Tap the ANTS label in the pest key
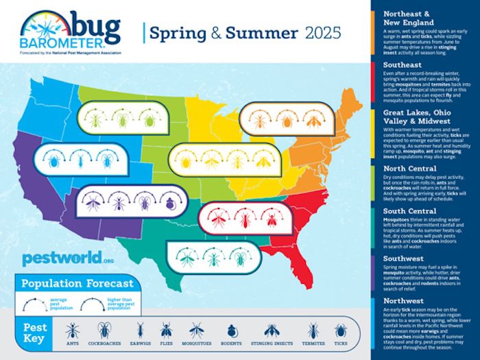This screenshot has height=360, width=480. point(72,344)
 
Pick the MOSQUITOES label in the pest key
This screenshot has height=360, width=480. point(196,344)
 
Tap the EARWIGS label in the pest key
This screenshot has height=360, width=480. point(141,344)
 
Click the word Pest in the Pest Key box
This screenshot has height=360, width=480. point(36,327)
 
